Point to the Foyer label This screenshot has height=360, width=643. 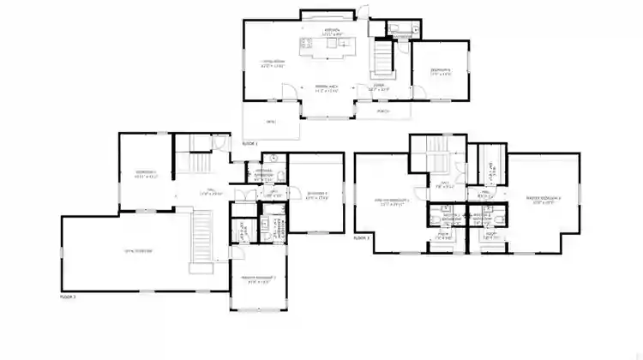click(378, 87)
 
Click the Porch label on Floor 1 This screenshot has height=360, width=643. click(380, 111)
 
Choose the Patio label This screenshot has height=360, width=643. click(271, 122)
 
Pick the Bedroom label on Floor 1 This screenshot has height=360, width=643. click(441, 71)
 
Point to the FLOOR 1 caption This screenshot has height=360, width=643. click(249, 142)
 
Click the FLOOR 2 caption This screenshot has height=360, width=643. click(68, 296)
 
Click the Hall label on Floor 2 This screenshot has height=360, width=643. click(206, 192)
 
